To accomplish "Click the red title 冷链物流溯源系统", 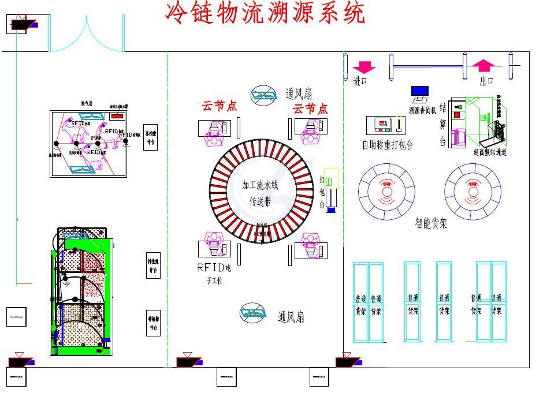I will [x=265, y=13].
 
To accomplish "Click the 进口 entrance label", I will [x=360, y=82].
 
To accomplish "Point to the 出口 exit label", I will [x=486, y=81].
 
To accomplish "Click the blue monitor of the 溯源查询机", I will [x=420, y=91].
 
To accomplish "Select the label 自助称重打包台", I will [x=387, y=145].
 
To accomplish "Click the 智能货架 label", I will [x=430, y=223].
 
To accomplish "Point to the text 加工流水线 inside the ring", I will [x=261, y=185].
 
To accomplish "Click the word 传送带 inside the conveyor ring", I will [x=260, y=201].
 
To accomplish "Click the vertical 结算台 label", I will [x=443, y=124].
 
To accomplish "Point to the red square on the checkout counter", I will [x=457, y=115].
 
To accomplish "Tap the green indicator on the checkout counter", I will [x=460, y=106].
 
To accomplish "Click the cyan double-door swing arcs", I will [x=86, y=35].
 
